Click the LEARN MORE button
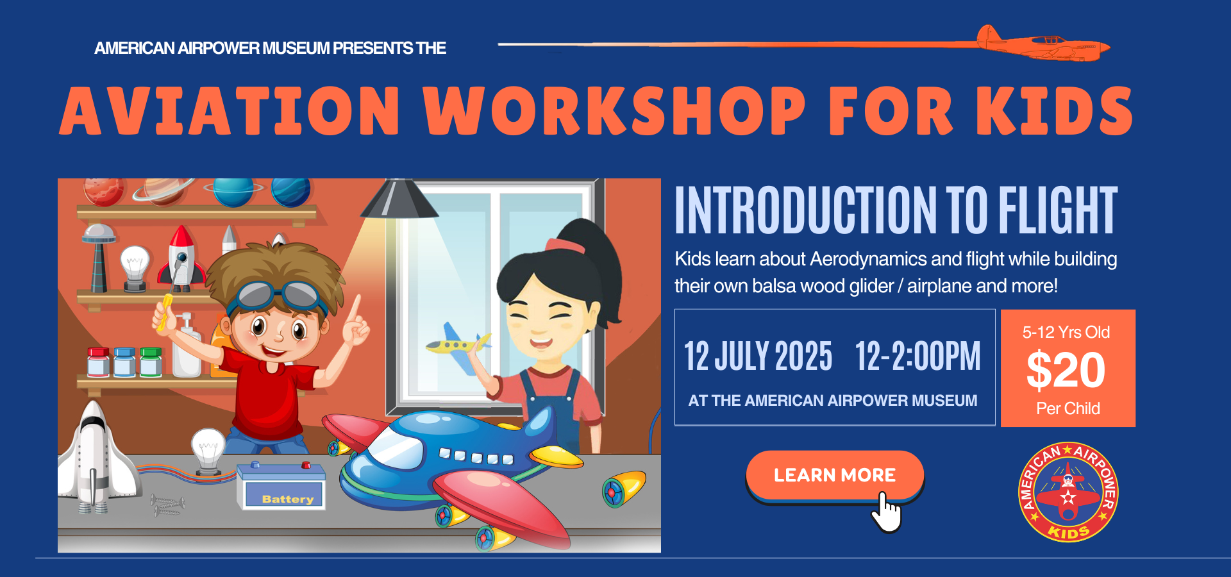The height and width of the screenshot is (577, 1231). pyautogui.click(x=834, y=475)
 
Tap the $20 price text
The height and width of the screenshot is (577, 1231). pyautogui.click(x=1066, y=370)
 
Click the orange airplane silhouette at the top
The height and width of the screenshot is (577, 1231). pyautogui.click(x=1043, y=44)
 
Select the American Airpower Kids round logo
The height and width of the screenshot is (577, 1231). pyautogui.click(x=1068, y=492)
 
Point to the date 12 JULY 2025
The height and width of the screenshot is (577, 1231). pyautogui.click(x=758, y=356)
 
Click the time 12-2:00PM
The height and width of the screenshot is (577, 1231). pyautogui.click(x=917, y=356)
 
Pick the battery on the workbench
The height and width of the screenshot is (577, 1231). pyautogui.click(x=281, y=487)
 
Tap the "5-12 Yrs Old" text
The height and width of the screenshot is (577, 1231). pyautogui.click(x=1066, y=332)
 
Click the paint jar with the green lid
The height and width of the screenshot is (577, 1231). pyautogui.click(x=151, y=362)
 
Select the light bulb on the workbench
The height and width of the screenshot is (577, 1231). pyautogui.click(x=208, y=451)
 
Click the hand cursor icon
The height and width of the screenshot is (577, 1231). pyautogui.click(x=886, y=513)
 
